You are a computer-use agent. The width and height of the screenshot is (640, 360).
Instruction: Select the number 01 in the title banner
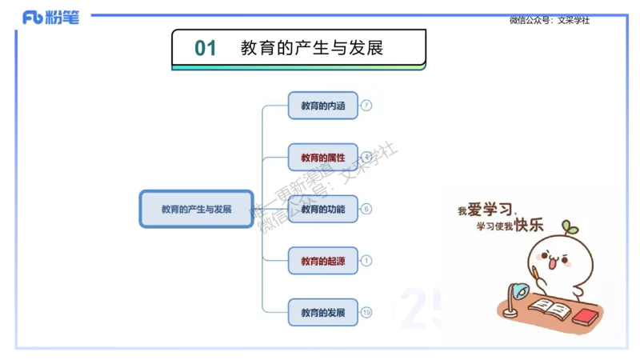206,48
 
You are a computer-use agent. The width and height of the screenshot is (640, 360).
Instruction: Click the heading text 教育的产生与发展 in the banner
312,48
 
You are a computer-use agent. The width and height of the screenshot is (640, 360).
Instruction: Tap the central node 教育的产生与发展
196,210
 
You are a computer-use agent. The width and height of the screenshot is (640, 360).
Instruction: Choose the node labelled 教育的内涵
322,106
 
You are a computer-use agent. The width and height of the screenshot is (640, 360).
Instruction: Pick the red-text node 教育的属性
322,158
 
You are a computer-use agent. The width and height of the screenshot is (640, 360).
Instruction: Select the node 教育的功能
322,210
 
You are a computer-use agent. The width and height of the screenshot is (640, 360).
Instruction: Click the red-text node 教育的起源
322,261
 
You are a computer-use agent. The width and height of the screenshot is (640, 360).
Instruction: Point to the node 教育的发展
322,312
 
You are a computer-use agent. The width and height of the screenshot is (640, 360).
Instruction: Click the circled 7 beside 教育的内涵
366,106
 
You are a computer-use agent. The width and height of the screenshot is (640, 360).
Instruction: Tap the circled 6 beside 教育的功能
366,210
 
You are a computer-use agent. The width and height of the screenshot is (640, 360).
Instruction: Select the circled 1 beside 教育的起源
366,261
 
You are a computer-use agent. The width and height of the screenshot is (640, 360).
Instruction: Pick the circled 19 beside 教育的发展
366,312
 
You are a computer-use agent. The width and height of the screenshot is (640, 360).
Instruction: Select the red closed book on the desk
586,316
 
